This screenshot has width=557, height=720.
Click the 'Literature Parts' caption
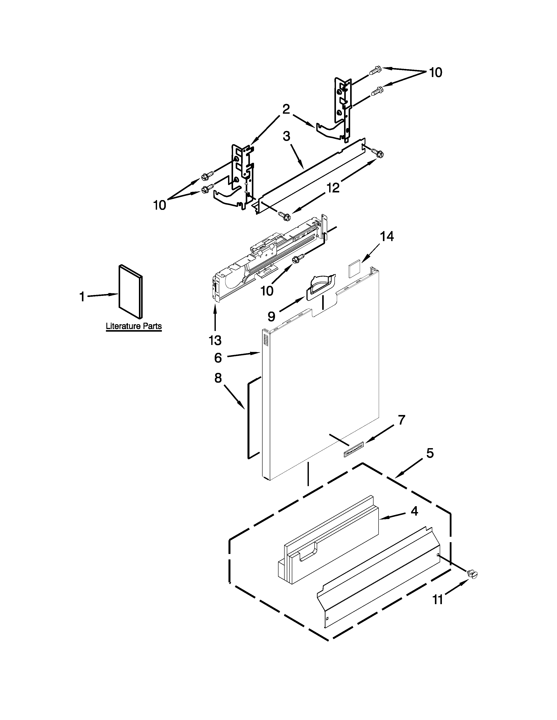[134, 326]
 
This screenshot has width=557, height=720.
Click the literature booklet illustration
[131, 291]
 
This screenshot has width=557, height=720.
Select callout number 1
[82, 297]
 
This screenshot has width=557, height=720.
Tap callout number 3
[286, 136]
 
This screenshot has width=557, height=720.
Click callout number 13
[215, 340]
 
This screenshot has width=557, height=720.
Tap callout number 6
[218, 358]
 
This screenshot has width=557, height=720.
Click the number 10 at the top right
[436, 72]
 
